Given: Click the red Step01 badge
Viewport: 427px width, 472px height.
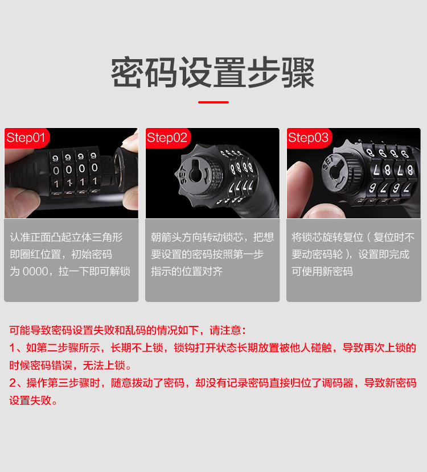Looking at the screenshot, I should click(26, 138).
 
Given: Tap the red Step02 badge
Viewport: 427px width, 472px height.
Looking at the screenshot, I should click(167, 138).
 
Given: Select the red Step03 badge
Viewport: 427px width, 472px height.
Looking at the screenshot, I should click(308, 138).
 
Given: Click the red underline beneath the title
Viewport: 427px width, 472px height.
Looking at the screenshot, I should click(213, 102).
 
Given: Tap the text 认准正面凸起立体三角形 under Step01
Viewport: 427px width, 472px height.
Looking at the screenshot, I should click(66, 237).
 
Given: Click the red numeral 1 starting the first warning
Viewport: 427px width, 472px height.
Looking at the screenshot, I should click(13, 347).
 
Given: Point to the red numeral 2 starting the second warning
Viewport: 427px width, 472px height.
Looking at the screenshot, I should click(13, 383).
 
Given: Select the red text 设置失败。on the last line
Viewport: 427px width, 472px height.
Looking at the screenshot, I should click(34, 400).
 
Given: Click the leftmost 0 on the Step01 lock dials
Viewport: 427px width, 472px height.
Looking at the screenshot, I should click(56, 169).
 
